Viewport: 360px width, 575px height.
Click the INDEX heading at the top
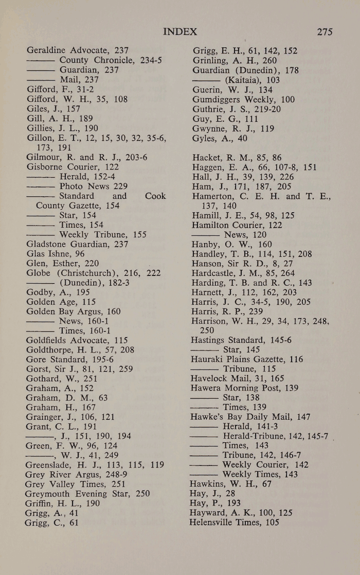pos(179,32)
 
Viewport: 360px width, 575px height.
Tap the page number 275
pos(325,32)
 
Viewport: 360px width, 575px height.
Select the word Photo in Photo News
pos(72,186)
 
